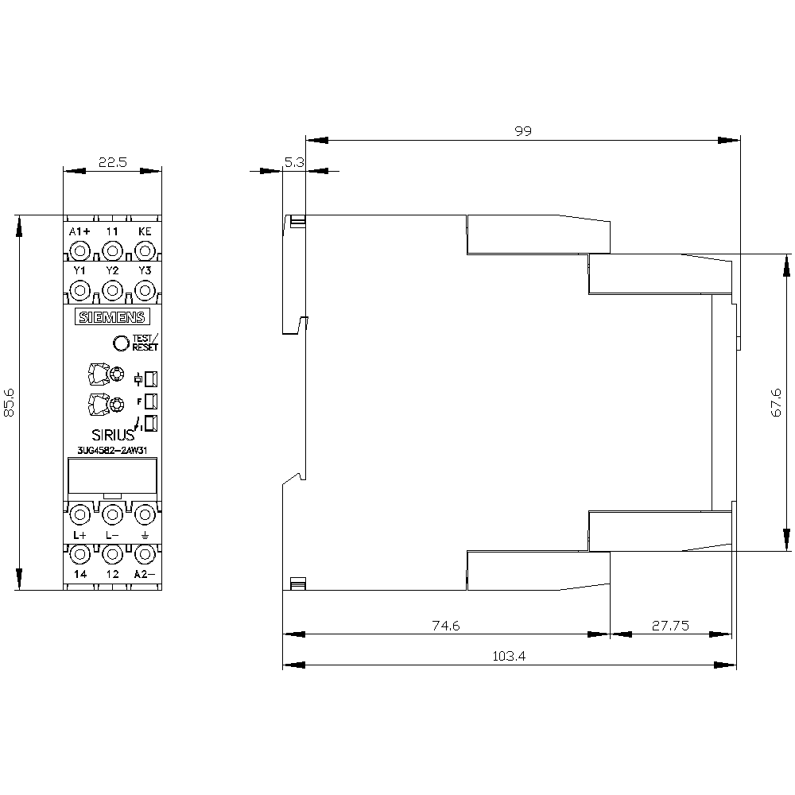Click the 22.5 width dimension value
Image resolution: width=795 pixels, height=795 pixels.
[x=112, y=162]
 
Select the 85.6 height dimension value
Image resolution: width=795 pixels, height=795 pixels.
[x=10, y=402]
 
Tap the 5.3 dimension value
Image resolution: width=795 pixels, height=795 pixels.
[x=293, y=162]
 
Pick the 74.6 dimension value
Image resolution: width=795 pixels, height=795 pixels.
[x=445, y=626]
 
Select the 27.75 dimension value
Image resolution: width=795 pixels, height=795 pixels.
[x=671, y=626]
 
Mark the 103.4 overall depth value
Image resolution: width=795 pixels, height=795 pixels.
[x=510, y=657]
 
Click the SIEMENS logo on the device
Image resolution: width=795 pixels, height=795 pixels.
[x=112, y=318]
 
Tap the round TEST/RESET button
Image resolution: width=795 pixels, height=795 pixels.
[x=120, y=343]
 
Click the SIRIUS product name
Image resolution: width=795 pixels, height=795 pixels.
[x=112, y=435]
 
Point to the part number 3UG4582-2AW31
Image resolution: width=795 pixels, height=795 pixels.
[x=112, y=451]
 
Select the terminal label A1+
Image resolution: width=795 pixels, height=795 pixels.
[x=79, y=231]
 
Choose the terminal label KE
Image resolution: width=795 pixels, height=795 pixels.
[x=144, y=231]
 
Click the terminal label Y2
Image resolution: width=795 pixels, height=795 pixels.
[x=112, y=270]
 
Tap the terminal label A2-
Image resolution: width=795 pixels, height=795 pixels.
[x=144, y=574]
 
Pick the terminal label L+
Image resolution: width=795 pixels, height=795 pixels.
[x=79, y=534]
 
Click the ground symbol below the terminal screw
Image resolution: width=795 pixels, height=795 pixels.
[x=144, y=534]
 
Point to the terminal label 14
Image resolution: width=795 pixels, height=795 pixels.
[x=79, y=574]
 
